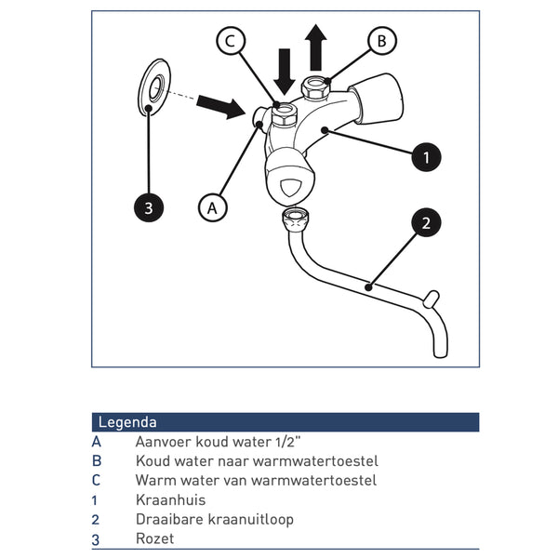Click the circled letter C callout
pos(232,41)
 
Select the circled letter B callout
pos(380,41)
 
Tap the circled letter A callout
pos(214,206)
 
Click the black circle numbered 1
pos(426,157)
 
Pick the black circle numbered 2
pos(426,222)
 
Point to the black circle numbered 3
pos(148,206)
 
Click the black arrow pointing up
pos(316,47)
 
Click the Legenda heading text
pos(127,422)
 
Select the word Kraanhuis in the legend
pos(170,500)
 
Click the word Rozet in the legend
pos(154,538)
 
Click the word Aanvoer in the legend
pos(164,443)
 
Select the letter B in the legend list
pos(97,461)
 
